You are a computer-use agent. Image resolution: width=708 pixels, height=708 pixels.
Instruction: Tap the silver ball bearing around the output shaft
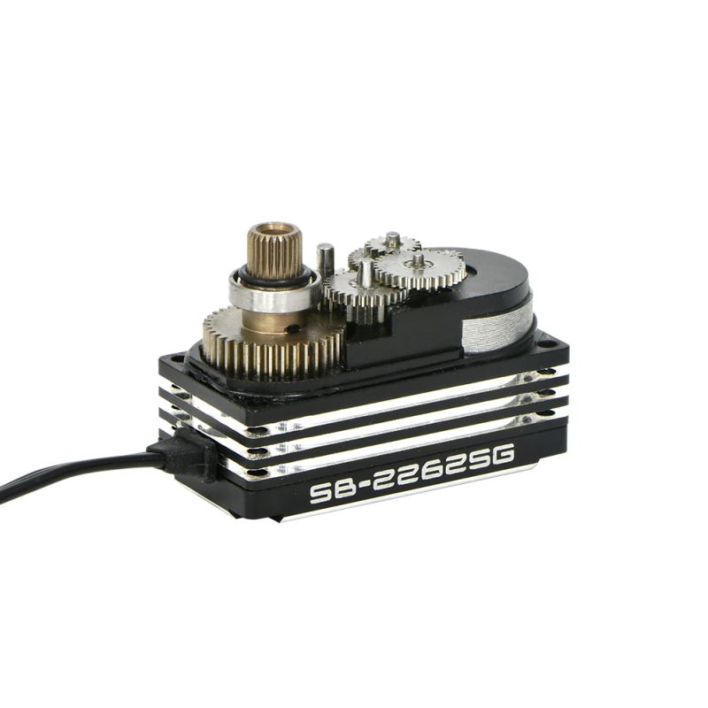[x=273, y=292]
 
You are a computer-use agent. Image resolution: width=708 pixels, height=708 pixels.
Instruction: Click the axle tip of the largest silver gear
[x=418, y=258]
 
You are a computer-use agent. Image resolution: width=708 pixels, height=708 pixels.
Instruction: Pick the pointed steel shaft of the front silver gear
[x=365, y=273]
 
